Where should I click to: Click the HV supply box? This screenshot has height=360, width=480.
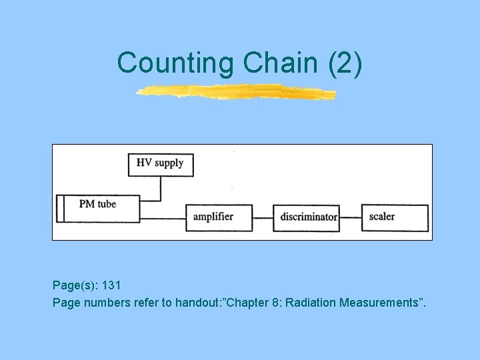pyautogui.click(x=161, y=163)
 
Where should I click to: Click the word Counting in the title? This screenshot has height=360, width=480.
pyautogui.click(x=175, y=63)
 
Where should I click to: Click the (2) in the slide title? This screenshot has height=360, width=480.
pyautogui.click(x=345, y=63)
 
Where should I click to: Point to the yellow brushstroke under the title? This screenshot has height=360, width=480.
pyautogui.click(x=237, y=92)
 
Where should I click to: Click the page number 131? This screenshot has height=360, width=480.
pyautogui.click(x=111, y=285)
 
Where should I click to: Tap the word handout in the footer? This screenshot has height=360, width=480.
pyautogui.click(x=197, y=303)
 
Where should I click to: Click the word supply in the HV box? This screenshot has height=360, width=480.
pyautogui.click(x=169, y=163)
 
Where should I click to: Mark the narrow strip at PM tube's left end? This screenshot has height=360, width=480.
pyautogui.click(x=60, y=208)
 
